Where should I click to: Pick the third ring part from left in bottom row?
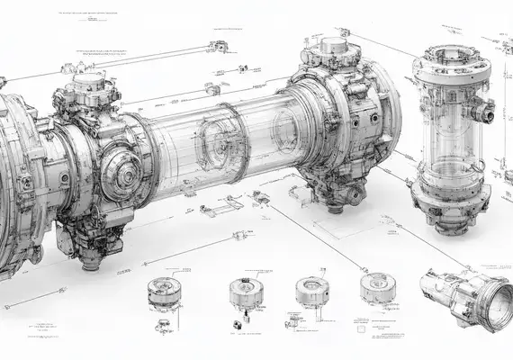click(x=311, y=290)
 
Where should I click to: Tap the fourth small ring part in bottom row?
click(x=376, y=288)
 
